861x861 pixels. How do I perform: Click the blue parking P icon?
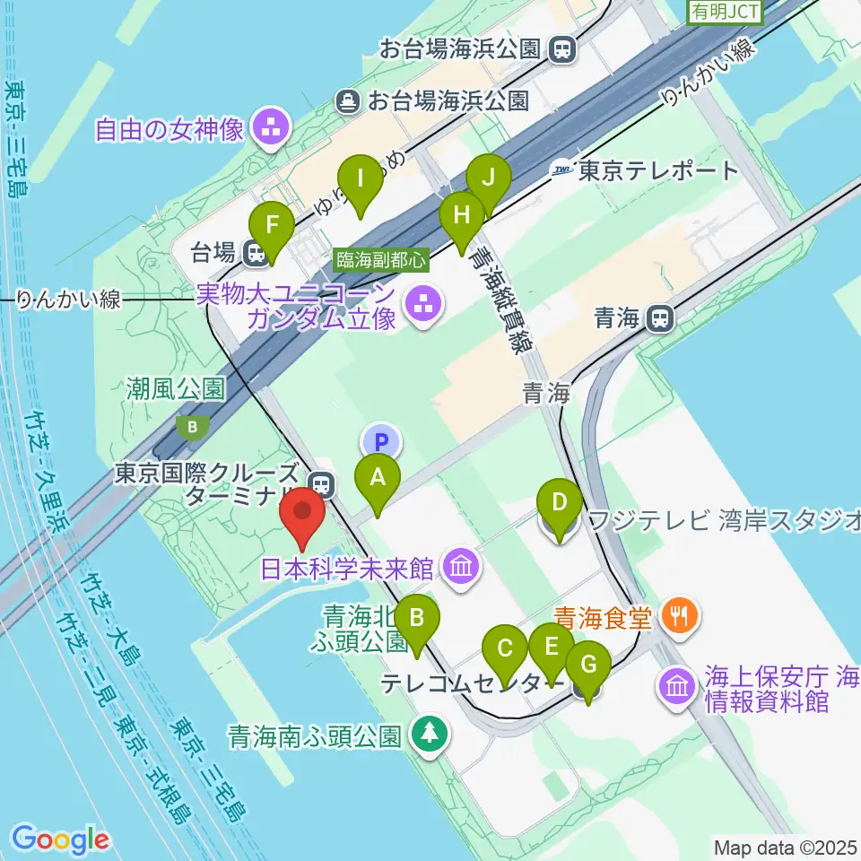tap(382, 441)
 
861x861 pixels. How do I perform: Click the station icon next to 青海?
tap(660, 316)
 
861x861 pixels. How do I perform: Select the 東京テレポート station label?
tap(658, 170)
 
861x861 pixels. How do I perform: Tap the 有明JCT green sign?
tap(725, 12)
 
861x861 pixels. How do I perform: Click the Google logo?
tap(61, 839)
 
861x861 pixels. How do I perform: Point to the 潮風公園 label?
tap(175, 388)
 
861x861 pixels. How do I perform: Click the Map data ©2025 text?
tap(786, 847)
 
